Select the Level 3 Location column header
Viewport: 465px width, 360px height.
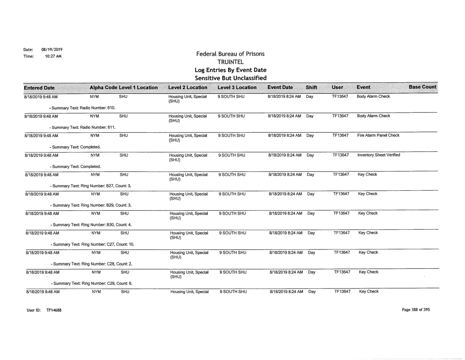pyautogui.click(x=237, y=88)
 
